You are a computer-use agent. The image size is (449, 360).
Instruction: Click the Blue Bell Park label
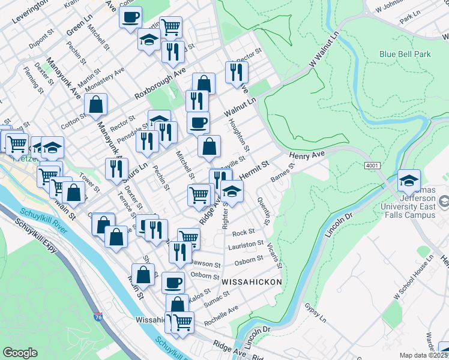point(405,54)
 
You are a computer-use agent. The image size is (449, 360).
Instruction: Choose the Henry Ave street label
point(306,155)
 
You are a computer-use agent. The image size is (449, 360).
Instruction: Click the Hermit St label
point(255,169)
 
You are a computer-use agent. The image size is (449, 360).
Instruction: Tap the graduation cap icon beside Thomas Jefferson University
point(409,179)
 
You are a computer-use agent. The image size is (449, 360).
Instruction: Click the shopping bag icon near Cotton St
point(95,104)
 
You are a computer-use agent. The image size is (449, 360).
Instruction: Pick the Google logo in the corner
point(20,353)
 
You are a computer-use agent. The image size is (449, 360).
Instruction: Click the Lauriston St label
point(246,245)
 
